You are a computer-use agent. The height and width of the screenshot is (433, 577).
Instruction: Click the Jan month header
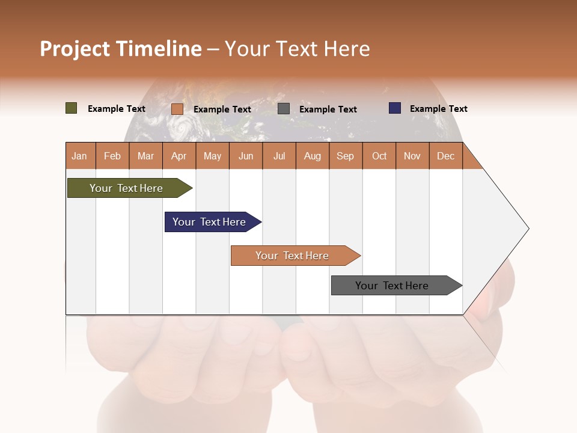point(80,156)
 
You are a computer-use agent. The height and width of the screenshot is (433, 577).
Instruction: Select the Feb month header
point(112,156)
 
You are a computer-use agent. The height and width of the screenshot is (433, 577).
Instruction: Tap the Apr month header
point(179,156)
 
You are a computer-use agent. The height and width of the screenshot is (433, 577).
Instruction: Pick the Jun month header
point(246,156)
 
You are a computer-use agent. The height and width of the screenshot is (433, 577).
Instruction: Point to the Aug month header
point(313,156)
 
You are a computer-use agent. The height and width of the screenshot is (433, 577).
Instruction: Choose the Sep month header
point(346,156)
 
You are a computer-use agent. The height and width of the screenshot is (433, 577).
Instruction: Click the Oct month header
point(379,156)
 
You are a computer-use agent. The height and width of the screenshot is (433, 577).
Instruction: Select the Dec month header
point(446,156)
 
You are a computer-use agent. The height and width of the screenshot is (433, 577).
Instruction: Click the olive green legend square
point(72,108)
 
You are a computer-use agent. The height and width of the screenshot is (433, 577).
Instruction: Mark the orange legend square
point(177,109)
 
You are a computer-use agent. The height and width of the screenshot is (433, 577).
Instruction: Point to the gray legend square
point(284,109)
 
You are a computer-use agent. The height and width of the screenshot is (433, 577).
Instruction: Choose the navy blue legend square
point(395,108)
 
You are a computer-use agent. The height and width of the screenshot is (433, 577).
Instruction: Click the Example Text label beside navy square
point(438,108)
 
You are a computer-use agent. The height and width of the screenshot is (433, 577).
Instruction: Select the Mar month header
point(145,156)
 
